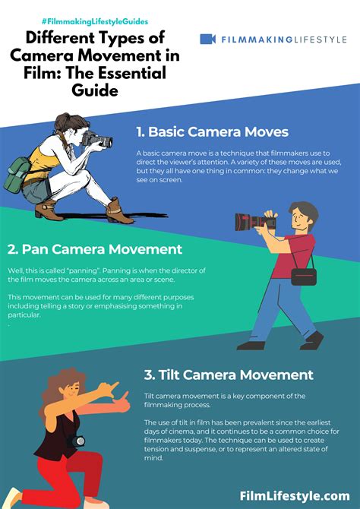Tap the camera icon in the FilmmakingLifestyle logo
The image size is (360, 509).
(x=207, y=39)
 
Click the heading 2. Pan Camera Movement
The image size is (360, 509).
(x=94, y=248)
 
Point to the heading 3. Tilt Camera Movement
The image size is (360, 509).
(x=228, y=375)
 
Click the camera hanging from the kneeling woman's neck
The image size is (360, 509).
(x=77, y=441)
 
